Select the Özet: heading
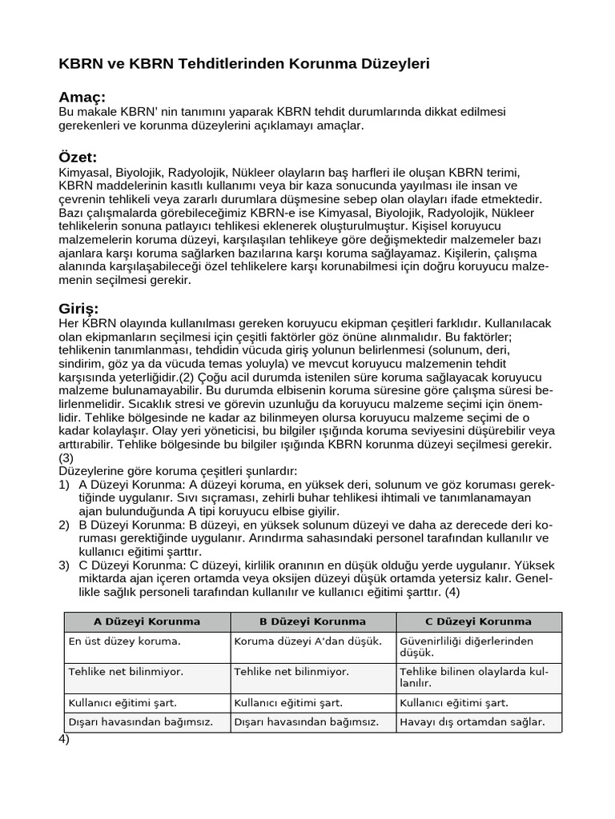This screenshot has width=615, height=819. click(x=78, y=157)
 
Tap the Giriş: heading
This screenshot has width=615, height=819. click(x=79, y=308)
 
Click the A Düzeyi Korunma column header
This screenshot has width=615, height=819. click(x=147, y=621)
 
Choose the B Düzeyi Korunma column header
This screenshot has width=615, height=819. click(x=312, y=621)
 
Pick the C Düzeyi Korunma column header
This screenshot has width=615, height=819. click(x=478, y=621)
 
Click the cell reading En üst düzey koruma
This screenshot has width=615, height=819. click(x=125, y=641)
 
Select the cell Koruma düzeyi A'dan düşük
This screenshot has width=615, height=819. click(x=307, y=641)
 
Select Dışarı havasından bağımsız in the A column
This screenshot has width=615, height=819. click(x=140, y=722)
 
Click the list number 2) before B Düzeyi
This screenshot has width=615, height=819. click(x=64, y=525)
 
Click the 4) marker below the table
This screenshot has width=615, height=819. click(x=64, y=740)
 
